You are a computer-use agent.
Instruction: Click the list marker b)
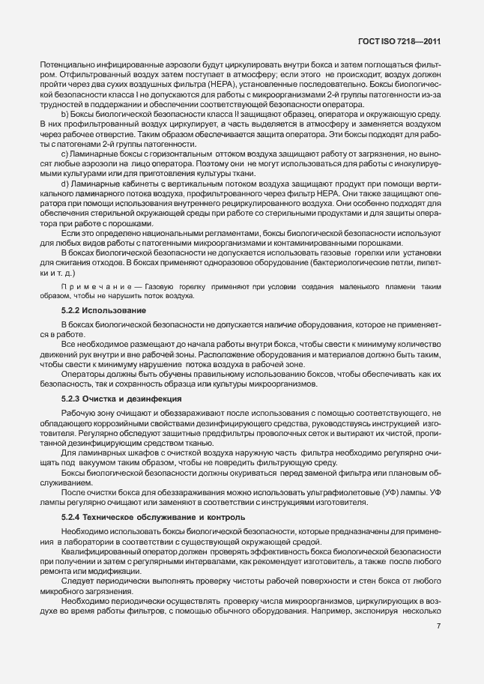65,112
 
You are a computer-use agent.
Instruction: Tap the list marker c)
65,153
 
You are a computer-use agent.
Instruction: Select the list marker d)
65,183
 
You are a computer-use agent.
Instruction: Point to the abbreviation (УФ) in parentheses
372,493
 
